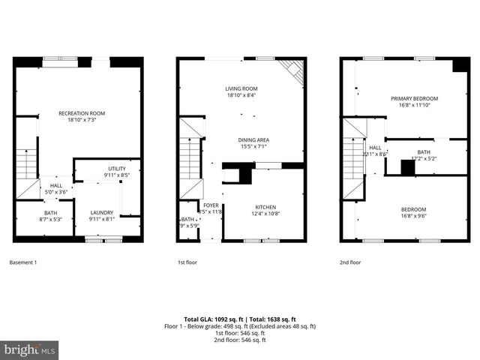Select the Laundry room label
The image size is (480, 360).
[x=100, y=216]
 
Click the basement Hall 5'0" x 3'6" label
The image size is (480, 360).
[x=56, y=189]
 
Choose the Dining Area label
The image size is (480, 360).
[x=253, y=143]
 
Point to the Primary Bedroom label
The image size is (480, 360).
[x=414, y=102]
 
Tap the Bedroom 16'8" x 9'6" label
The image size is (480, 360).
[x=413, y=213]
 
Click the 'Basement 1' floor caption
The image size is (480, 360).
[x=22, y=262]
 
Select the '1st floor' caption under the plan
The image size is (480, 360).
[x=187, y=262]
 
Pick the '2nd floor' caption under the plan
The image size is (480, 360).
[x=350, y=262]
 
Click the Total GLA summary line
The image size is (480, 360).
[x=240, y=319]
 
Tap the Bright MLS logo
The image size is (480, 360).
[x=29, y=349]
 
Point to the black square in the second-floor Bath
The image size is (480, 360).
[x=407, y=168]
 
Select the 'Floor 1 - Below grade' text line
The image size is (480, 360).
[x=240, y=326]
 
